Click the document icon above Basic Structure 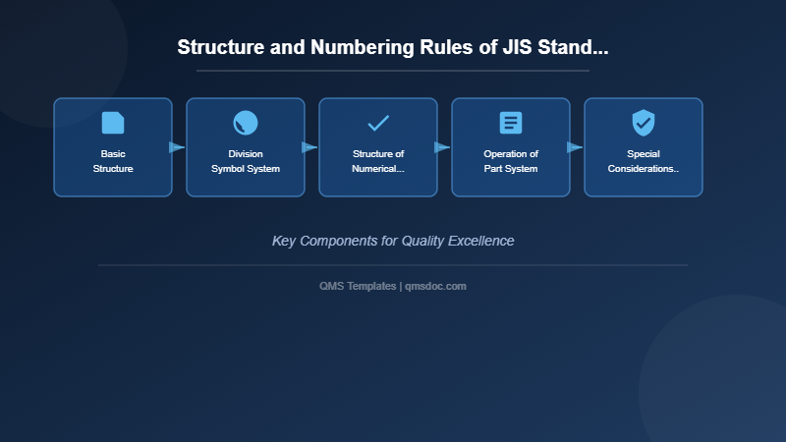coord(113,123)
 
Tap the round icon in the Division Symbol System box coord(246,123)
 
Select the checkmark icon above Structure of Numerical coord(378,123)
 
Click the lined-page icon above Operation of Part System coord(511,123)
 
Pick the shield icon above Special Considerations coord(644,123)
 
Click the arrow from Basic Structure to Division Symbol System coord(177,147)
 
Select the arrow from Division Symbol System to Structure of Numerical coord(309,147)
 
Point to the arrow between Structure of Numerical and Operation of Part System coord(442,147)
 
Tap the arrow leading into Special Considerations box coord(575,147)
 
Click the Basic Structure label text coord(113,161)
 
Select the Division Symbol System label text coord(246,161)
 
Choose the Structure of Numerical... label coord(378,161)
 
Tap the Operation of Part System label coord(511,161)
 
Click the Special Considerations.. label coord(644,161)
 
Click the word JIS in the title coord(515,47)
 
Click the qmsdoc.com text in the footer coord(436,286)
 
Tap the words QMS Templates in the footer coord(358,286)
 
